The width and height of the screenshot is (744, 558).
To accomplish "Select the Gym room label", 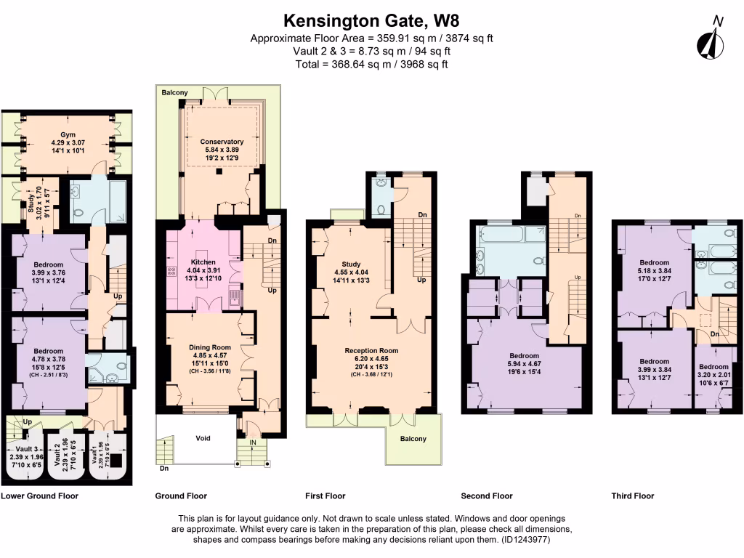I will [68, 135].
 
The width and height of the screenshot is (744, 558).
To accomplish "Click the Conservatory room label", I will [222, 141].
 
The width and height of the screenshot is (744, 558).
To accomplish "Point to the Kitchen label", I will [203, 262].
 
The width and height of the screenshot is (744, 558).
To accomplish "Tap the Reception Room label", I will [371, 350].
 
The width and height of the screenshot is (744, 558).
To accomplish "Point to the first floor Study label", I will [351, 264].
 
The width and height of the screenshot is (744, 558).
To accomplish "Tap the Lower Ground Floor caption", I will [40, 496].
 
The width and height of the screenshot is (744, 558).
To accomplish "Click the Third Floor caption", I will [633, 496].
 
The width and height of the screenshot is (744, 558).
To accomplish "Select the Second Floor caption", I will [487, 496].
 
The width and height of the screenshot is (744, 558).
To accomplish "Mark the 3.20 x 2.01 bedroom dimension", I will [713, 376].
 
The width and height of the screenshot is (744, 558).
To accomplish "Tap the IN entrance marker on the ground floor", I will [251, 441].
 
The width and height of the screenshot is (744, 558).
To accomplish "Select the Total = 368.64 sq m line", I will [371, 64].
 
